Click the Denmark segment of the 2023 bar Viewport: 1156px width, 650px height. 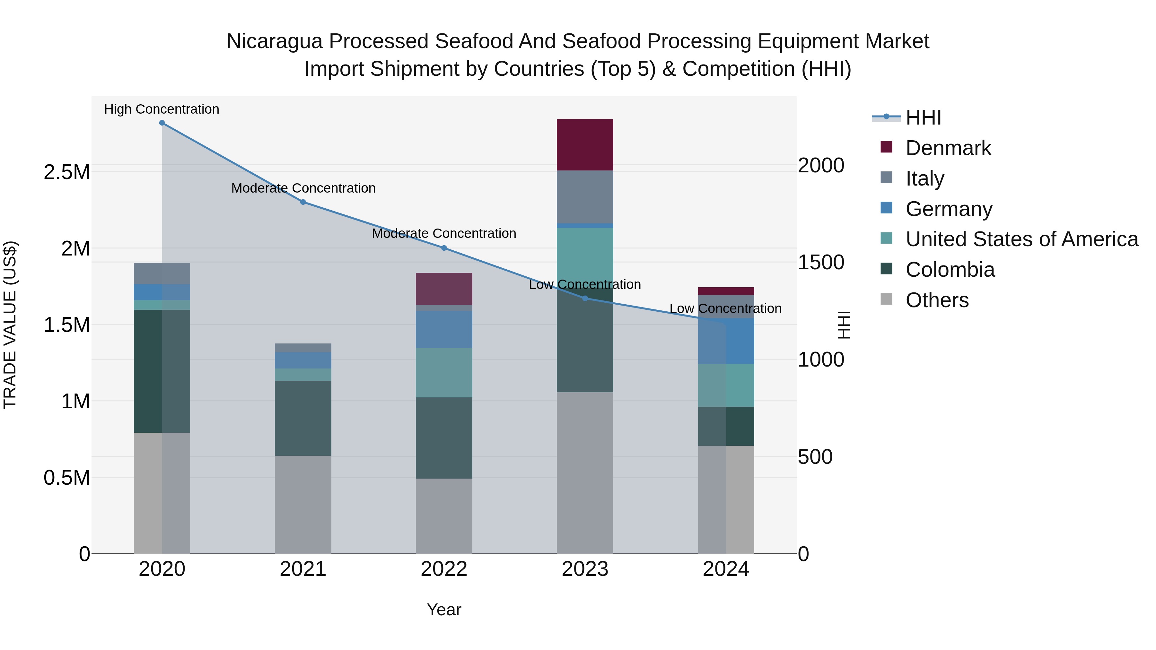click(585, 144)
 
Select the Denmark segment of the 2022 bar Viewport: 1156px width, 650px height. click(444, 289)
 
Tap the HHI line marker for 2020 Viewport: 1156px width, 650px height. click(162, 123)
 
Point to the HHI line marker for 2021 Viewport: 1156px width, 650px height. click(303, 202)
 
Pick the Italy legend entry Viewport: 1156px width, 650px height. click(924, 178)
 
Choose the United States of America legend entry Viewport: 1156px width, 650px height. click(1021, 239)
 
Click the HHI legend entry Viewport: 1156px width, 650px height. click(923, 117)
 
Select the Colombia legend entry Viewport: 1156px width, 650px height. click(950, 270)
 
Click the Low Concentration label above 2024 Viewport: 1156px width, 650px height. click(725, 308)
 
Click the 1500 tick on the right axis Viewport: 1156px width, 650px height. click(821, 263)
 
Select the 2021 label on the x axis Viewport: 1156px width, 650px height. click(303, 569)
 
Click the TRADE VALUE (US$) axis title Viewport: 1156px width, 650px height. click(10, 325)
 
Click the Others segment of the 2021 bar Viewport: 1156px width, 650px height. click(303, 505)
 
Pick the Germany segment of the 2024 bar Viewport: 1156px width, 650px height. click(726, 341)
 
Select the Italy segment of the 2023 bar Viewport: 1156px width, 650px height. click(585, 196)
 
